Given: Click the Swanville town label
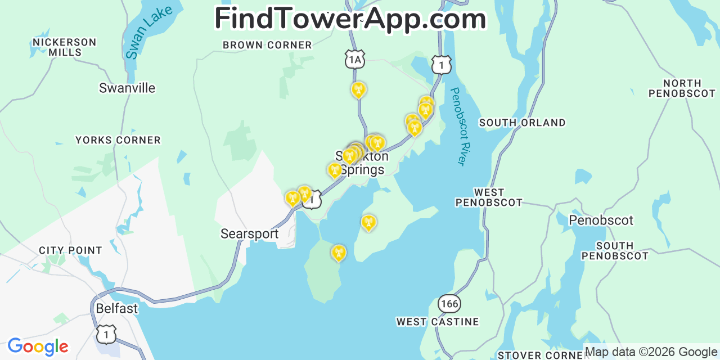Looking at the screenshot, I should tap(127, 88).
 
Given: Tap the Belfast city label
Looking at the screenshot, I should tap(116, 309).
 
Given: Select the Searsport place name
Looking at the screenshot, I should tap(249, 234).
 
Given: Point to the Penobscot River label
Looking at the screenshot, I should tap(459, 126).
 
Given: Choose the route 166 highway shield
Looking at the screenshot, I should tap(449, 304).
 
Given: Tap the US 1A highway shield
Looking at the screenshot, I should tap(354, 59).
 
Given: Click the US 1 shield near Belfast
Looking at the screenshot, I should tap(106, 334).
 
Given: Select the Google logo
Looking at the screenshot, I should tap(38, 346).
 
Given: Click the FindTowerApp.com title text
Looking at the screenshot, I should tap(350, 19).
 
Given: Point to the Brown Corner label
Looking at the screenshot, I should tap(267, 45).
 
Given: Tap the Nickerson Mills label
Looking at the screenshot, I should tap(65, 47).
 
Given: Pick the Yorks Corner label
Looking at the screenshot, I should tap(118, 140).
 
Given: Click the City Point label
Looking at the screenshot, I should tap(70, 250).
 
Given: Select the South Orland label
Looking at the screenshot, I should tap(522, 123).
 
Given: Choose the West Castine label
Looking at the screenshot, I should tap(438, 322).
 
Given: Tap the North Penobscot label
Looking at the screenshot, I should tap(682, 88).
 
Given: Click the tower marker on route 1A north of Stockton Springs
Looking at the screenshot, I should tap(358, 89).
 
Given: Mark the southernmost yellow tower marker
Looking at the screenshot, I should tap(339, 253).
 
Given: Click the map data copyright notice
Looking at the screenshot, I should tap(651, 352).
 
